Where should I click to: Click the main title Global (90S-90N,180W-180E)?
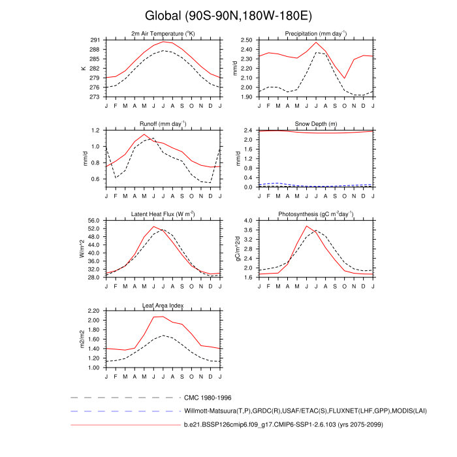(x=228, y=15)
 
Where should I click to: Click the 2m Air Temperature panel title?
(x=163, y=34)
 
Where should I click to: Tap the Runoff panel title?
(x=163, y=124)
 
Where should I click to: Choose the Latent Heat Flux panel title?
(x=163, y=215)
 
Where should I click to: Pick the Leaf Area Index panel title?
(x=163, y=305)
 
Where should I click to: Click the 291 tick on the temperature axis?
(x=95, y=40)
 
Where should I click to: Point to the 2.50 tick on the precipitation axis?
(x=245, y=40)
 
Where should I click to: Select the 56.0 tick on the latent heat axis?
(x=93, y=221)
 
